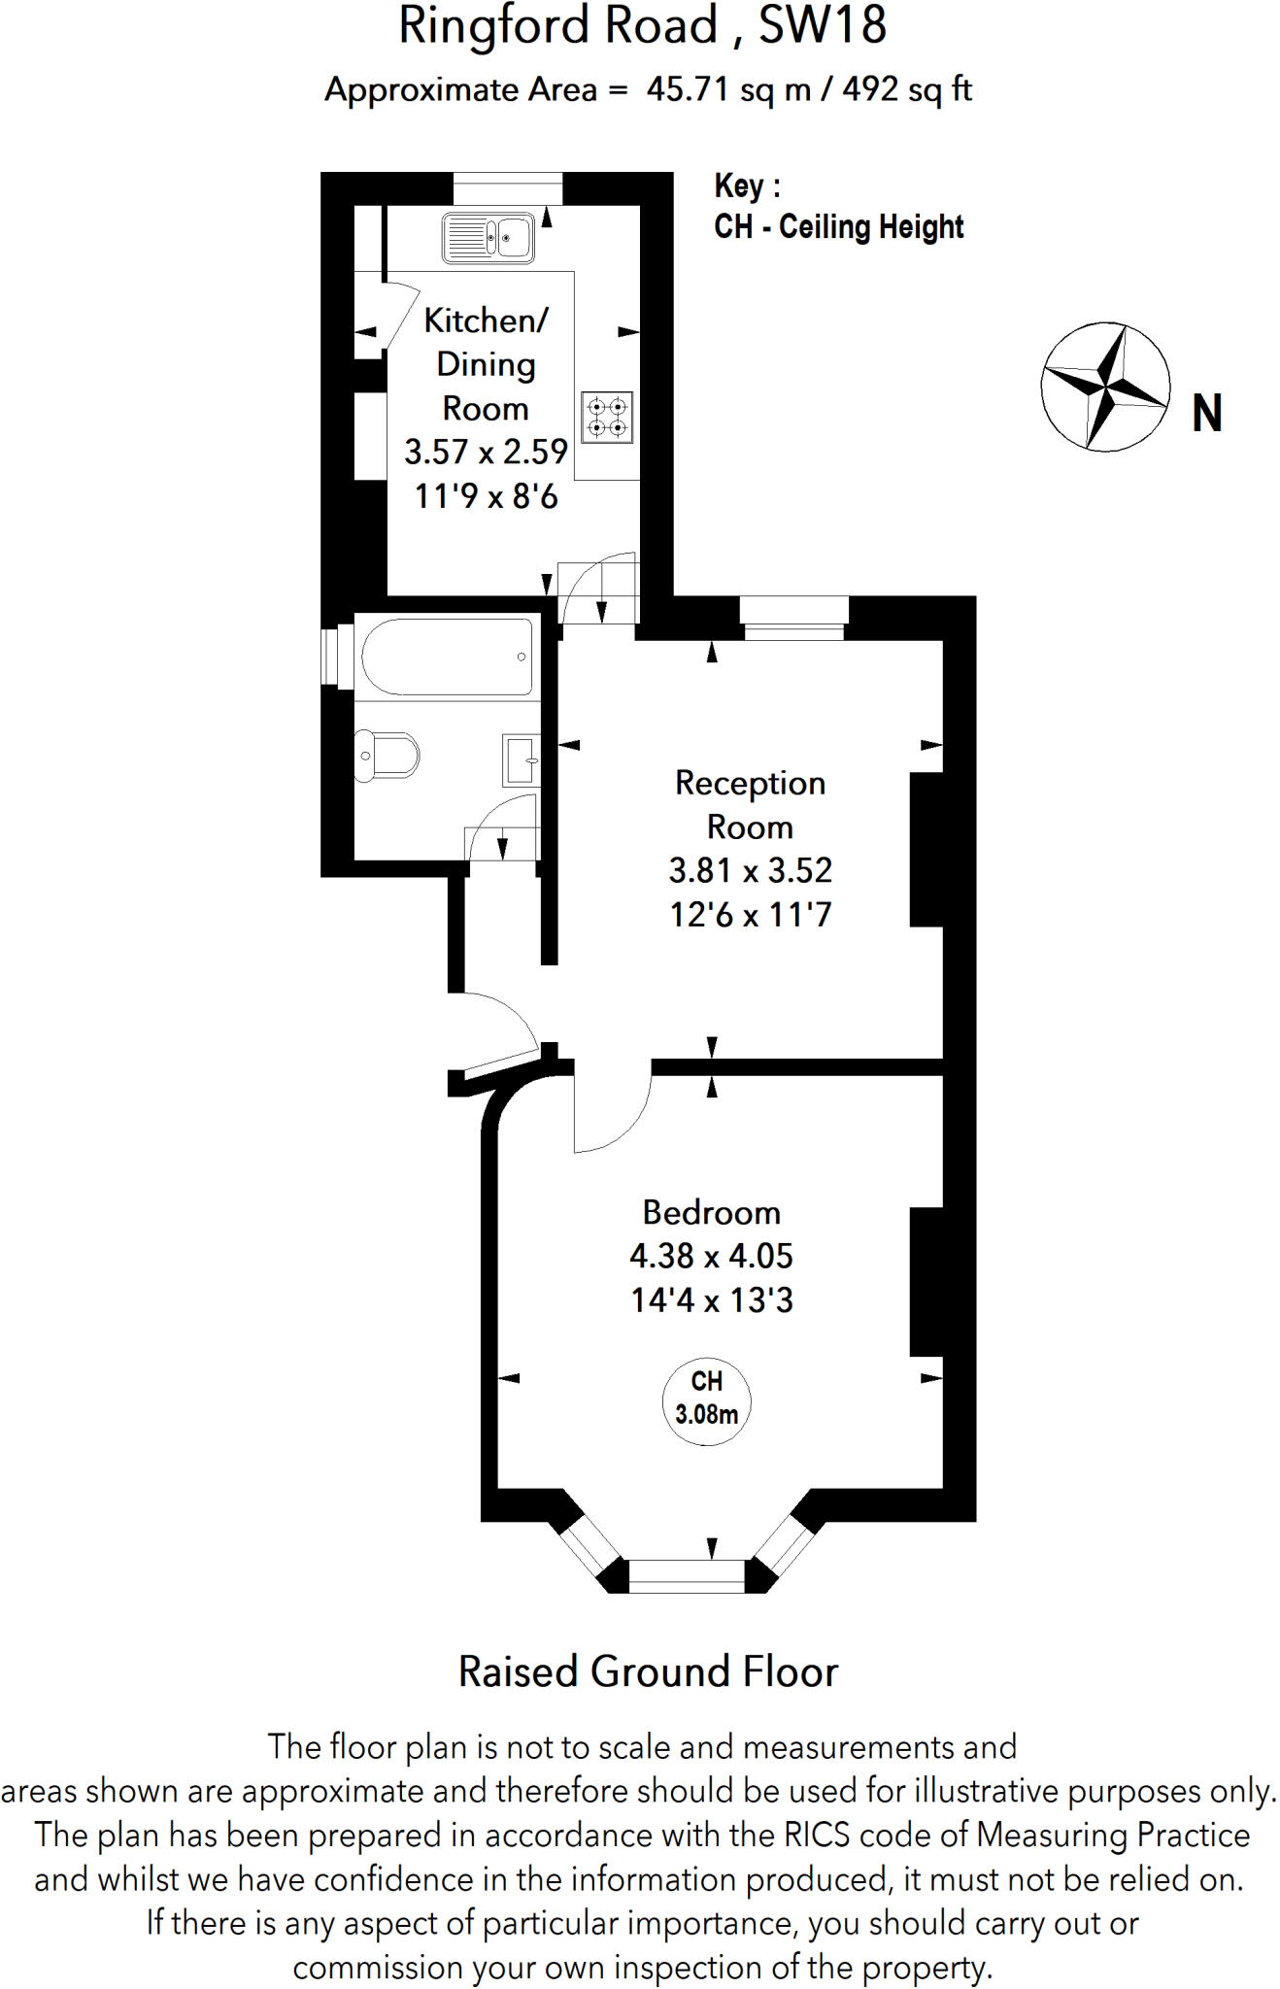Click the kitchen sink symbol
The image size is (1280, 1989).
(x=488, y=237)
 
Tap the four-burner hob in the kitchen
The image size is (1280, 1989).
(x=607, y=417)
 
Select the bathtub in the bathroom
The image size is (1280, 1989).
(x=448, y=657)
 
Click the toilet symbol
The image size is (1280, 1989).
(x=387, y=755)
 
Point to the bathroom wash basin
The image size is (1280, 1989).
(x=520, y=759)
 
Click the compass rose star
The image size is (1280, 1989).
(x=1105, y=387)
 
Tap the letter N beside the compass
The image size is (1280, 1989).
(x=1206, y=414)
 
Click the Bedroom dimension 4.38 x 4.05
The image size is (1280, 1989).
(x=711, y=1256)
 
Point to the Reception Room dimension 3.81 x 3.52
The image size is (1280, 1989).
(x=750, y=870)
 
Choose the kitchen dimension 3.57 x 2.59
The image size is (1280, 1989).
(x=486, y=452)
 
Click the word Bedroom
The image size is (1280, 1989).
(x=711, y=1212)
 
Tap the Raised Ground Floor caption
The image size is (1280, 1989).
(x=648, y=1672)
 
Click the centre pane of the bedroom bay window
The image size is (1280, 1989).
(x=687, y=1575)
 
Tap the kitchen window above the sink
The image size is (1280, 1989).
(x=508, y=188)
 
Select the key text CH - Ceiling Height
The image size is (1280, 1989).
(x=838, y=226)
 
